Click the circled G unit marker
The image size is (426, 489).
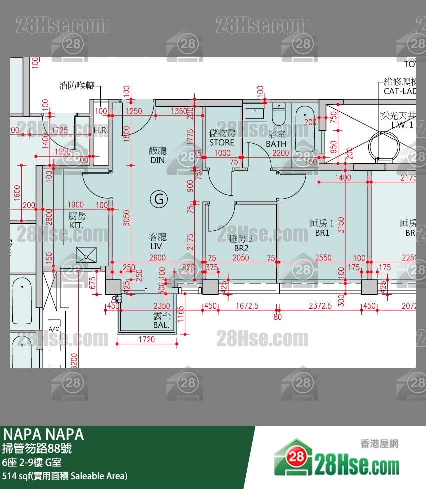(159, 199)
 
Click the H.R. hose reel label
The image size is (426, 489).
(100, 131)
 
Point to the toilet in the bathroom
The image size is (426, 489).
(278, 116)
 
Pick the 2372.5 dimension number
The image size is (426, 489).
(320, 306)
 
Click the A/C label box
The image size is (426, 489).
(54, 329)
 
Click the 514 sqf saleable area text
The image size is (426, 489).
(65, 476)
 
